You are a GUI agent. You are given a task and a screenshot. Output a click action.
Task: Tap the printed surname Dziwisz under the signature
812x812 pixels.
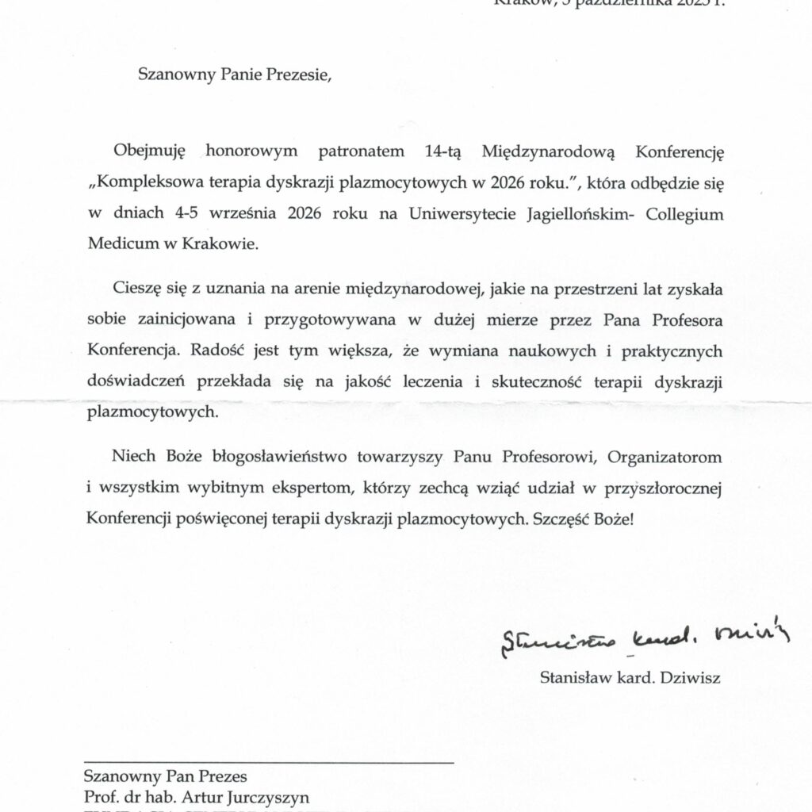(x=692, y=677)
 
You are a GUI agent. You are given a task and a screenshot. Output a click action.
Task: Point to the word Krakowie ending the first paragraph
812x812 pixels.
(x=228, y=245)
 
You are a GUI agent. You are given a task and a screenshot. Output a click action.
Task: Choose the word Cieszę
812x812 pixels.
(x=136, y=289)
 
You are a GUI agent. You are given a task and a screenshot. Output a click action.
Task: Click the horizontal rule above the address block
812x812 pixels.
(x=269, y=763)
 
